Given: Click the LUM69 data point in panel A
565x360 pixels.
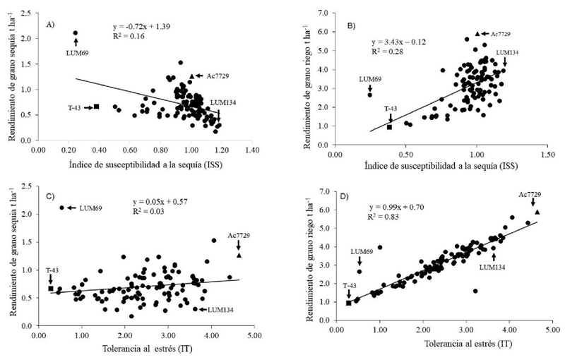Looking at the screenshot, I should pos(76,33).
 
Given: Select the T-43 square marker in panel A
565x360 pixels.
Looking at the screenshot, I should pos(96,107).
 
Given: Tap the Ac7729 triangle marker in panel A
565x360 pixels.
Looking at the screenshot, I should pos(192,76).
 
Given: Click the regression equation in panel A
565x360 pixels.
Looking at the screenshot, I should pos(145,25).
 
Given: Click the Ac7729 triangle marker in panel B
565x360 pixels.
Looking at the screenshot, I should pos(477,33).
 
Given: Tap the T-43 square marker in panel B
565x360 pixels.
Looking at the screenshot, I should pos(390,127).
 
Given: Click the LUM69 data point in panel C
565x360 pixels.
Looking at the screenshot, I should pos(62,208).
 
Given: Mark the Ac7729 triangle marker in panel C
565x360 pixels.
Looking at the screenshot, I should pos(239,256).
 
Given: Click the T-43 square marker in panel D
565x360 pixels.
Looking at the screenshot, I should pos(349,303).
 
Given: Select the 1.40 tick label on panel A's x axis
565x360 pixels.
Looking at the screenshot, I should pos(247,150).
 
